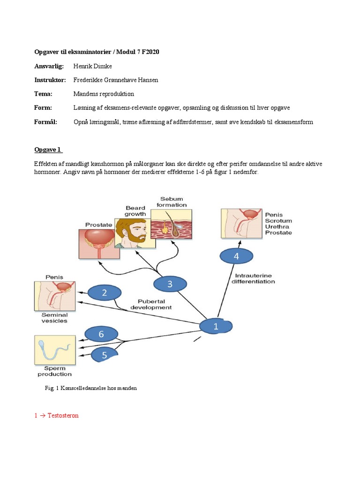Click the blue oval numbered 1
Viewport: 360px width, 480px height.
tap(216, 327)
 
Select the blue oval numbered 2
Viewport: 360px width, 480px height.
tap(104, 293)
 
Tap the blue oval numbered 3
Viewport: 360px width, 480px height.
tap(170, 283)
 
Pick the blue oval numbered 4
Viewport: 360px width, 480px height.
tap(236, 256)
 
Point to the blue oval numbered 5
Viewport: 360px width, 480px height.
tap(104, 355)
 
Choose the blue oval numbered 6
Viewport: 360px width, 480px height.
tap(101, 334)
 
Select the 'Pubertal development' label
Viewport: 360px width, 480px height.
tap(154, 304)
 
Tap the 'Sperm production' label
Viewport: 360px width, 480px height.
tap(54, 371)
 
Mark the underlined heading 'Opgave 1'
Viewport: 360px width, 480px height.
tap(48, 150)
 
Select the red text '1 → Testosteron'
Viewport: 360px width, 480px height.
tap(56, 415)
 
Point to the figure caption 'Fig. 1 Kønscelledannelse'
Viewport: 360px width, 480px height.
tap(90, 389)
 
